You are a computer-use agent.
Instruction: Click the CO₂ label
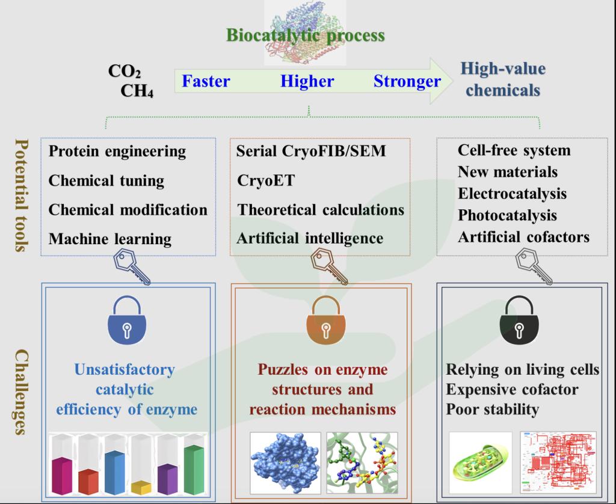[125, 72]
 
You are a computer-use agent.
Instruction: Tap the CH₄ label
[137, 91]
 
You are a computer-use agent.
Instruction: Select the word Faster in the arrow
[206, 81]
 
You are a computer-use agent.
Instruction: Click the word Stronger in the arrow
[407, 81]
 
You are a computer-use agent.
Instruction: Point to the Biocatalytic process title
[306, 35]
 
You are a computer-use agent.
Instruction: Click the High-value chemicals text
[503, 79]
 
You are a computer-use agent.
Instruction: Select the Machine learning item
[110, 239]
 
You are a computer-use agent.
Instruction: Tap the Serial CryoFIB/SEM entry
[311, 151]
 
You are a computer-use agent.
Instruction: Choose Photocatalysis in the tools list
[507, 215]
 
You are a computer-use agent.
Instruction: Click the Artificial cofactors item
[523, 237]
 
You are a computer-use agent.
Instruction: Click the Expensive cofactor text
[512, 390]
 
